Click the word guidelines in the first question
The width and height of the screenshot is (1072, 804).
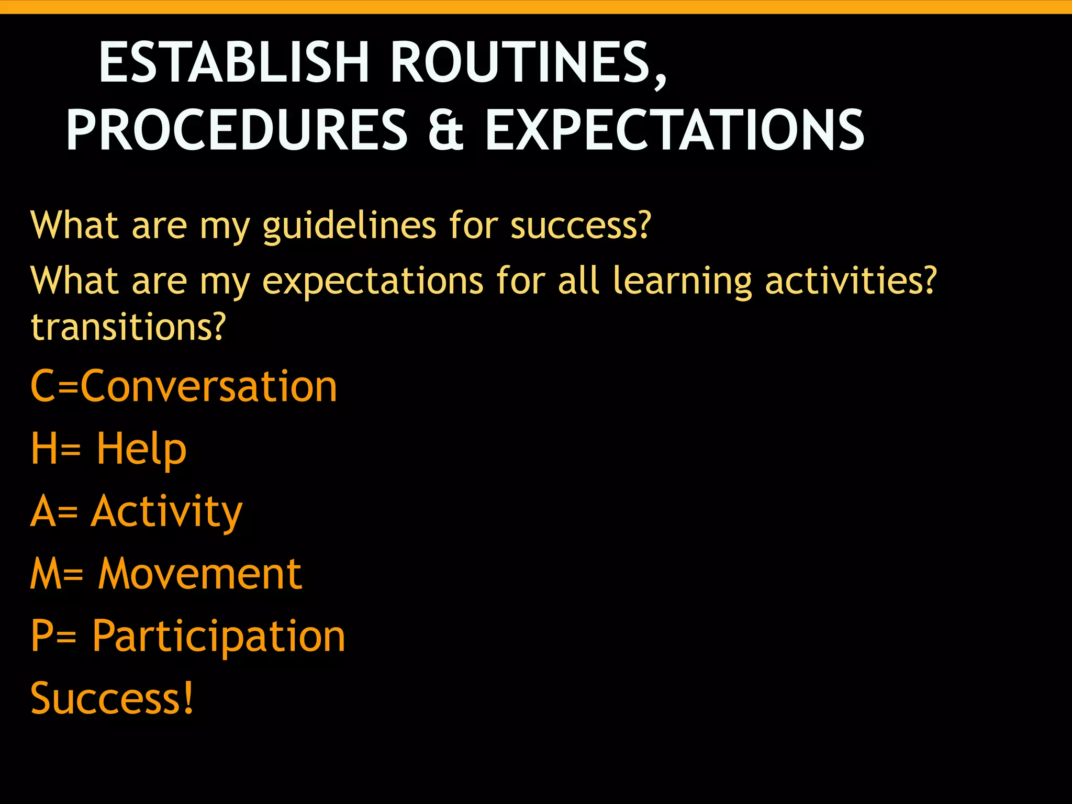349,226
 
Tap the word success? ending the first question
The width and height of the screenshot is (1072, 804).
580,226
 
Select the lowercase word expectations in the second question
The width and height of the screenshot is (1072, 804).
373,282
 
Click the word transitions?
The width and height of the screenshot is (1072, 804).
128,327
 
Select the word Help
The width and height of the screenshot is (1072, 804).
141,449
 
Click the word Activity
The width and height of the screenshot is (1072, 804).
166,512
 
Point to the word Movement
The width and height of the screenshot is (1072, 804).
200,574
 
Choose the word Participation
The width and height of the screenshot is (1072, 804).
219,636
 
